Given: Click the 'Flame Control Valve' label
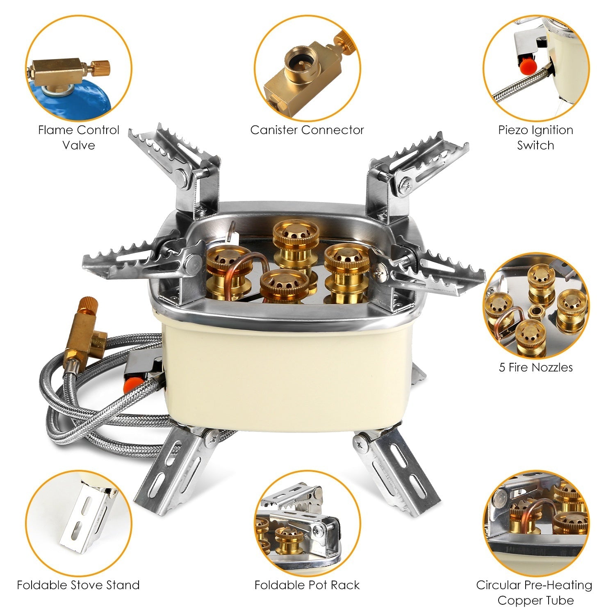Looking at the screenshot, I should pos(79,138).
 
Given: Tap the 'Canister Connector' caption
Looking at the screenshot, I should pos(307,130).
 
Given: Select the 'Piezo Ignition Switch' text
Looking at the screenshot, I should pos(535,138).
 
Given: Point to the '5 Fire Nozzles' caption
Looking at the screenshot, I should pos(535,367).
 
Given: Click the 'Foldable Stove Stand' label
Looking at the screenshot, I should pos(78,585).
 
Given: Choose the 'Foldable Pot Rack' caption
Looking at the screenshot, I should pos(307,585).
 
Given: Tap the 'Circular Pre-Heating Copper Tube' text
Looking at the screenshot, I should pos(534,592).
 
